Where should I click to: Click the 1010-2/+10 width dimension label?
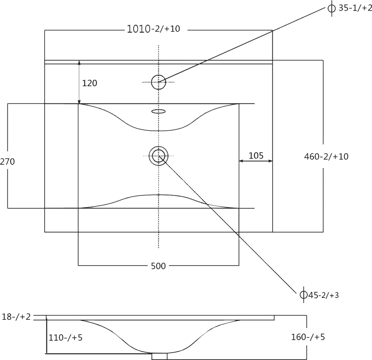154,29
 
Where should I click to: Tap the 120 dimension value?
90,83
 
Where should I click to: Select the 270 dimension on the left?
7,161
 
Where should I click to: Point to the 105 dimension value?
256,155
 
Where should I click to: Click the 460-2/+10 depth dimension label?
326,157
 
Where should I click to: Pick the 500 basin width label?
158,266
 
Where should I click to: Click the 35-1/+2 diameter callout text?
355,8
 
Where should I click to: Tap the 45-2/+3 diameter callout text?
323,295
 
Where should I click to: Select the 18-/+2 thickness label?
16,317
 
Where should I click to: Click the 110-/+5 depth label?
65,337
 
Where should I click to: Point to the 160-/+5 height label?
308,337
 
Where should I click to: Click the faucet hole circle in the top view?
158,75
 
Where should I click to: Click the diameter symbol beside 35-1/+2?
331,8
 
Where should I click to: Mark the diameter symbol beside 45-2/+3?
304,295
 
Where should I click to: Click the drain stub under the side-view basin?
160,356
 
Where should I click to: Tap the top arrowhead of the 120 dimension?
79,62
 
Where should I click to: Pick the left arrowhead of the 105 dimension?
241,161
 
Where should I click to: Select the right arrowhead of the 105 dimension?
270,161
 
